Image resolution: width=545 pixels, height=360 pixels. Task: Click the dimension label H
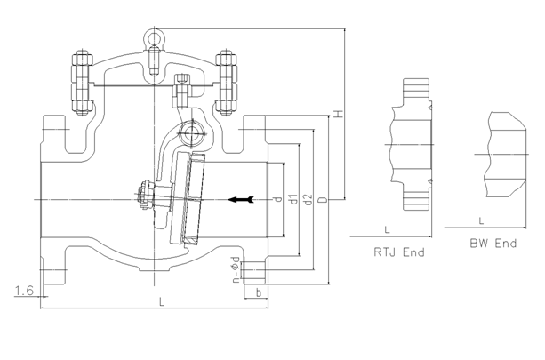(x=337, y=114)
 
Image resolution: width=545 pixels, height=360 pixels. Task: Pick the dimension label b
(x=257, y=292)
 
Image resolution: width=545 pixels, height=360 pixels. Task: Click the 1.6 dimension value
(x=25, y=290)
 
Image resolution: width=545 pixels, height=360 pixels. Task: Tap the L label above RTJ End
(x=388, y=229)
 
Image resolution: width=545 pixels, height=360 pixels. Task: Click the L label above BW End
(x=481, y=219)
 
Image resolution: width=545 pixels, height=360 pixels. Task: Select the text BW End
(x=493, y=243)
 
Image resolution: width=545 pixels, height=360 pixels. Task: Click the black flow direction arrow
(x=241, y=198)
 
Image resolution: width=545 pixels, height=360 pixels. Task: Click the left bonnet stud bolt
(x=78, y=84)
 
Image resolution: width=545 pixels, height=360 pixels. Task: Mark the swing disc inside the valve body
(x=190, y=197)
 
